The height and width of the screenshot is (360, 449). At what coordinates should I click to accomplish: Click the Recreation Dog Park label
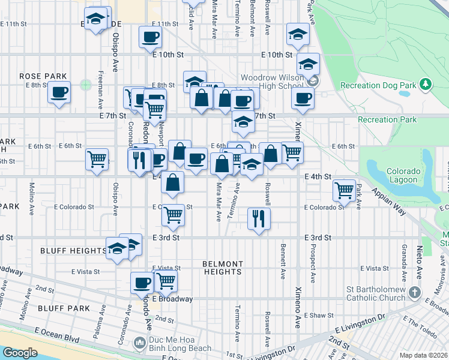pyautogui.click(x=378, y=85)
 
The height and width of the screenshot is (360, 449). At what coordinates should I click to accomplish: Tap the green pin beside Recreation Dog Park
pyautogui.click(x=425, y=83)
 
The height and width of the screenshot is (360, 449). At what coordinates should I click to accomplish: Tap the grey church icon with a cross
pyautogui.click(x=414, y=292)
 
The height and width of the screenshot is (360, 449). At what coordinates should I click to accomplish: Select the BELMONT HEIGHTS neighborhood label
pyautogui.click(x=223, y=268)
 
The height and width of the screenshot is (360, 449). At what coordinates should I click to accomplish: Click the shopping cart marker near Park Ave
pyautogui.click(x=344, y=191)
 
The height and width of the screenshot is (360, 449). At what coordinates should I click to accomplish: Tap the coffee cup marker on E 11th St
pyautogui.click(x=150, y=37)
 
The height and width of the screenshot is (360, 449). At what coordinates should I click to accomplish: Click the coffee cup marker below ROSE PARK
pyautogui.click(x=59, y=92)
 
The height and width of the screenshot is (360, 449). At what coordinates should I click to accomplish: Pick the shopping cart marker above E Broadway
pyautogui.click(x=166, y=280)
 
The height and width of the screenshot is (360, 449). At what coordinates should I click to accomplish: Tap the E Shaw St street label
pyautogui.click(x=318, y=316)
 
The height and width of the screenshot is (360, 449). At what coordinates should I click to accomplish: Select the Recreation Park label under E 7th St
pyautogui.click(x=387, y=120)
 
